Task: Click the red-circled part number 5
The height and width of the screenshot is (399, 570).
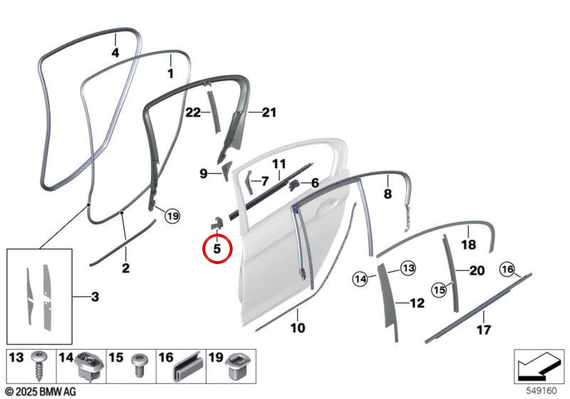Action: (217, 249)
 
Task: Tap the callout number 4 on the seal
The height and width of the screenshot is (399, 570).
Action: (115, 53)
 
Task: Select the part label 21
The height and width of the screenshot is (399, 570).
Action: (269, 113)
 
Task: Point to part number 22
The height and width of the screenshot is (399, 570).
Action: (193, 113)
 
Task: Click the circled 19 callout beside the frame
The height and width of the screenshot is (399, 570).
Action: (172, 216)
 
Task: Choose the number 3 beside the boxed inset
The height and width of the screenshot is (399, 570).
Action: (95, 297)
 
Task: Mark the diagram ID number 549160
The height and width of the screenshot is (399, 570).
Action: (541, 390)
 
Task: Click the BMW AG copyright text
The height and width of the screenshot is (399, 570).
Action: (41, 392)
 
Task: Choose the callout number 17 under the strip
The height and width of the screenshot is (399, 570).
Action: (483, 330)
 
